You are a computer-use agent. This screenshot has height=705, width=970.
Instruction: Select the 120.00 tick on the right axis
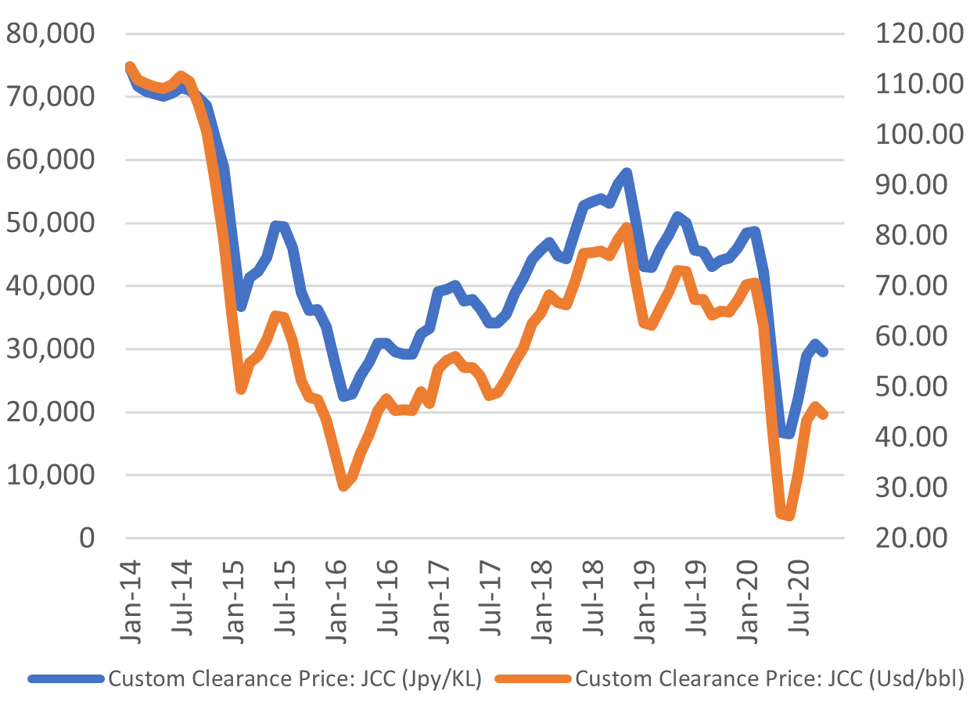click(911, 34)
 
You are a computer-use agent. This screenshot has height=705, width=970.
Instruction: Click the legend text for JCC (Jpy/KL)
click(293, 678)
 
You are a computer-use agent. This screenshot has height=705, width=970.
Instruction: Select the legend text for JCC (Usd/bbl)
click(768, 678)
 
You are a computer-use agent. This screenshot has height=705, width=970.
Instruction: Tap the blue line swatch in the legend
click(66, 678)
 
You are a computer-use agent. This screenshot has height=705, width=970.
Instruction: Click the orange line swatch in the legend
click(533, 678)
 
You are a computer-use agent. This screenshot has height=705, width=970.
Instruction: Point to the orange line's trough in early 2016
click(343, 486)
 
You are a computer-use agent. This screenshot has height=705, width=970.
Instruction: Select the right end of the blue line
click(824, 352)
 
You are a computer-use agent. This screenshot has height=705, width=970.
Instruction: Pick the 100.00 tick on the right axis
click(911, 134)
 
